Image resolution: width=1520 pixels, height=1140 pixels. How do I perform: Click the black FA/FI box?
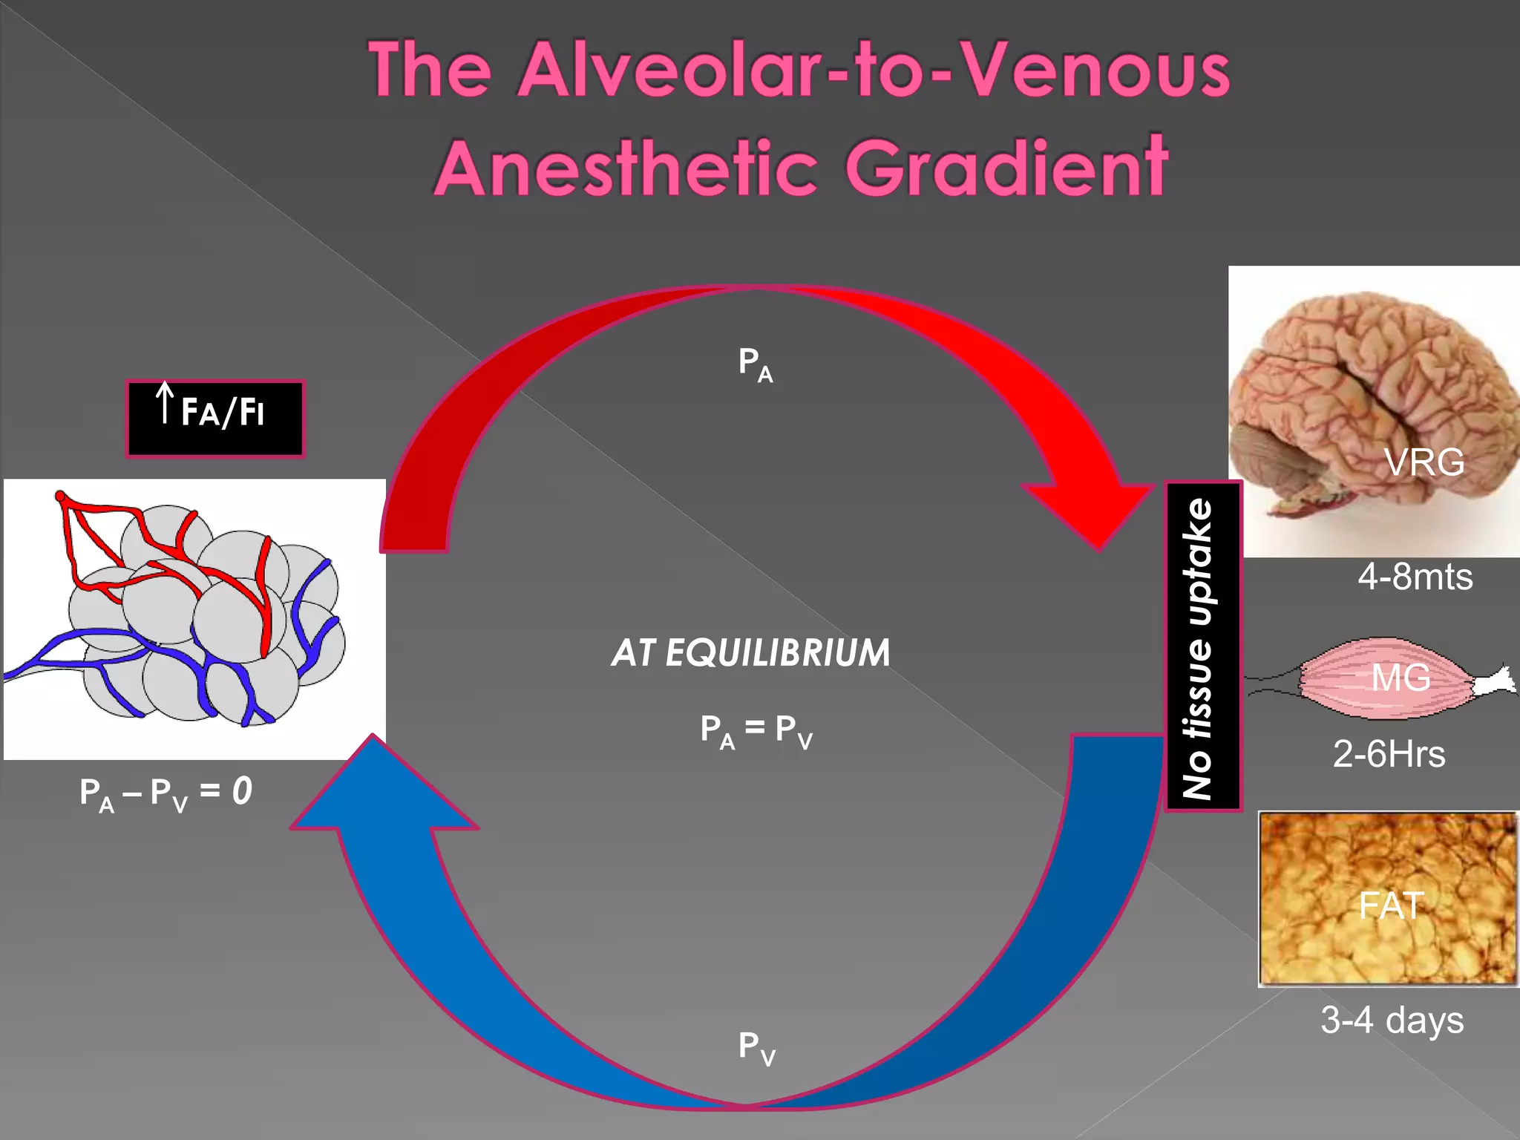click(215, 418)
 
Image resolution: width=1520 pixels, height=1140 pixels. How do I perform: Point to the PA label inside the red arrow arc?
click(755, 364)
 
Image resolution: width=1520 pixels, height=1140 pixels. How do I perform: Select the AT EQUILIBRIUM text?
click(750, 653)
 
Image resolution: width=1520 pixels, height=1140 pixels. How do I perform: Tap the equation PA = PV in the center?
click(756, 730)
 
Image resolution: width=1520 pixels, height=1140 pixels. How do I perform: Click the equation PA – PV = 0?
click(166, 793)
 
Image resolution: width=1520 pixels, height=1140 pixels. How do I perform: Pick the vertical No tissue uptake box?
click(1202, 646)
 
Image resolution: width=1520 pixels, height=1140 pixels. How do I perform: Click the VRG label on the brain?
click(1424, 462)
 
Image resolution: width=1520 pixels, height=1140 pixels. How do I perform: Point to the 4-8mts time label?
click(1415, 577)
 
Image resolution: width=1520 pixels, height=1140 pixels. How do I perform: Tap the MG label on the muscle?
click(1401, 678)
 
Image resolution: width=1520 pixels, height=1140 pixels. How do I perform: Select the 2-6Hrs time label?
click(1389, 754)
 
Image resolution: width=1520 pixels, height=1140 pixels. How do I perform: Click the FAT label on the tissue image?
click(1391, 905)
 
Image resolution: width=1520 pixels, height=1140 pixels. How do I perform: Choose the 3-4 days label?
click(1392, 1020)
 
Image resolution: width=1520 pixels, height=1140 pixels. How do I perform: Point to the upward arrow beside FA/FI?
click(165, 402)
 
